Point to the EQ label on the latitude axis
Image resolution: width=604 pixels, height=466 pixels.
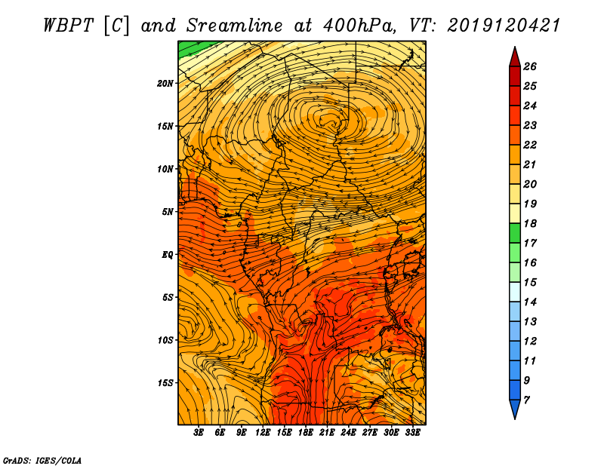tap(168, 254)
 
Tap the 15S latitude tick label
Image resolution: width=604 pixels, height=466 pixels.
tap(166, 382)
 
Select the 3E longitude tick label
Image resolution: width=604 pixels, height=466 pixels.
tap(199, 433)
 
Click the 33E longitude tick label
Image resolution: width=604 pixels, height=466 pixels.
tap(413, 433)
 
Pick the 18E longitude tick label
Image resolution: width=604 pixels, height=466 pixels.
tap(306, 433)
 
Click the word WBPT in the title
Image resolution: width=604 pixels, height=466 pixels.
tap(71, 25)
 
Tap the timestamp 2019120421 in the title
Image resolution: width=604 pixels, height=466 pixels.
tap(504, 25)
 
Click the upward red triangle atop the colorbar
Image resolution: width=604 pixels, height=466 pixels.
tap(514, 57)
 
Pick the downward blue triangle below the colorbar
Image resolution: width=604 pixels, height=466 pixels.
tap(514, 409)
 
